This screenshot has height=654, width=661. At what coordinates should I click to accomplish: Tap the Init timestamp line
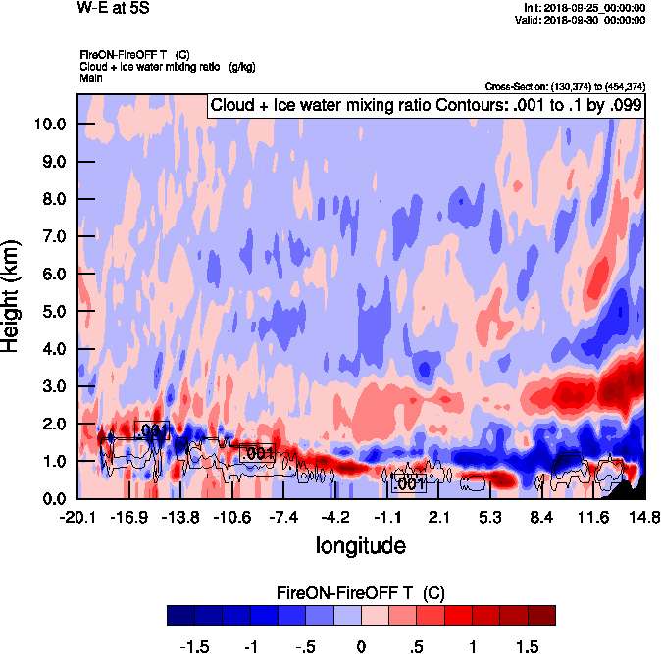tap(585, 7)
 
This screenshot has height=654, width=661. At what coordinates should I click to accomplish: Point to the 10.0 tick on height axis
tap(49, 125)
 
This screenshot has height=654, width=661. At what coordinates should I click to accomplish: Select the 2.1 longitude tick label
tap(439, 517)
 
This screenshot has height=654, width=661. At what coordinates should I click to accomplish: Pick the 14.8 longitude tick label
tap(644, 517)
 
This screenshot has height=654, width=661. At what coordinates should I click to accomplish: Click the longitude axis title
tap(360, 543)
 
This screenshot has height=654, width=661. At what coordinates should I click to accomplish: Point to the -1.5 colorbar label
tap(197, 647)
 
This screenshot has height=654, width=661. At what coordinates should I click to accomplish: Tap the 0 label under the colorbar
tap(361, 647)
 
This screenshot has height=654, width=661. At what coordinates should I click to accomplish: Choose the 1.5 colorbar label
tap(528, 647)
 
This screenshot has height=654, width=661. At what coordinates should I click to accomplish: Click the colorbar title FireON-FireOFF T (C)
tap(361, 593)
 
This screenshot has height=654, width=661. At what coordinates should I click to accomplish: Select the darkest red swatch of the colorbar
tap(541, 615)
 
